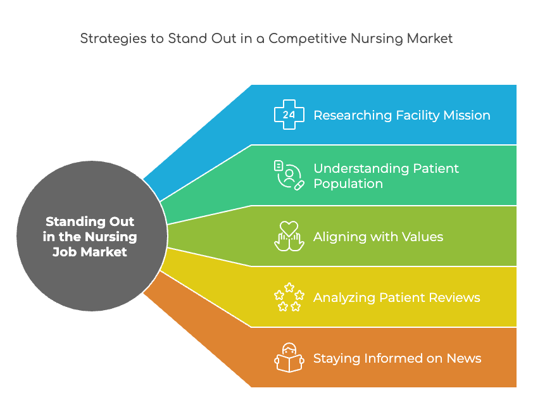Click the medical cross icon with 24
(x=289, y=115)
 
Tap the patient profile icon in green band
(x=289, y=175)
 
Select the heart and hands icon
(x=289, y=236)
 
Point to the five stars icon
(x=289, y=297)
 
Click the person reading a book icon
(x=289, y=358)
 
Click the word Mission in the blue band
(x=467, y=115)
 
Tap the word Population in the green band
(x=348, y=184)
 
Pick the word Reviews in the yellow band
(x=455, y=297)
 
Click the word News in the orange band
(x=464, y=358)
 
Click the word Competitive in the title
(x=308, y=39)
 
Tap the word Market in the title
(x=430, y=39)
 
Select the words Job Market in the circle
(x=90, y=252)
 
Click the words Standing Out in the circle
(x=90, y=222)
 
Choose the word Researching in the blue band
(x=353, y=116)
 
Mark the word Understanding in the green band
(x=361, y=168)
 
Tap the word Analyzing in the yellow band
(x=344, y=298)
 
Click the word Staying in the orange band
(x=337, y=359)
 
